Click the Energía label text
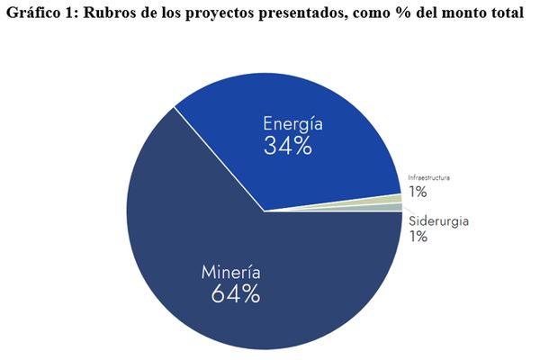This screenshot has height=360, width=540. tap(288, 123)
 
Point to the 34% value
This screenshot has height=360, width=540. tap(288, 147)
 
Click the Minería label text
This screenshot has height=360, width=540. tap(231, 272)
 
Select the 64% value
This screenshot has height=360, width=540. tap(235, 294)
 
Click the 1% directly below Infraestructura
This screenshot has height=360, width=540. tap(418, 192)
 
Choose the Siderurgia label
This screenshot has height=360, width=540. tap(438, 221)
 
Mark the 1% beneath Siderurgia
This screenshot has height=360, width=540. tap(418, 237)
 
